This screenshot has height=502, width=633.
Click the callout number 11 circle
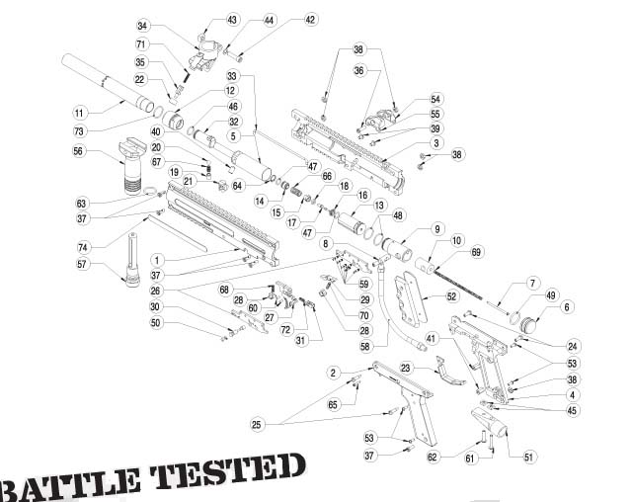pyautogui.click(x=79, y=113)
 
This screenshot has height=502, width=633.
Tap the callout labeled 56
pyautogui.click(x=78, y=151)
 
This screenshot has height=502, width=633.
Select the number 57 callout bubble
pyautogui.click(x=82, y=264)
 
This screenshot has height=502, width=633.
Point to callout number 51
pyautogui.click(x=528, y=457)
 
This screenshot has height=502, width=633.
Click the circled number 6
pyautogui.click(x=567, y=307)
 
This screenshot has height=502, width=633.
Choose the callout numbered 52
pyautogui.click(x=451, y=296)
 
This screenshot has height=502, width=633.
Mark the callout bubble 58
pyautogui.click(x=365, y=347)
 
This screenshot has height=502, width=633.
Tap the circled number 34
pyautogui.click(x=142, y=26)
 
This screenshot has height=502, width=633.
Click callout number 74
pyautogui.click(x=83, y=247)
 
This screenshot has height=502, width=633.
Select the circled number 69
pyautogui.click(x=476, y=252)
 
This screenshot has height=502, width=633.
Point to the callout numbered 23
pyautogui.click(x=406, y=368)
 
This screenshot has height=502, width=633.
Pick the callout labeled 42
pyautogui.click(x=310, y=20)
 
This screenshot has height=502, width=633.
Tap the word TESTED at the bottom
pyautogui.click(x=228, y=470)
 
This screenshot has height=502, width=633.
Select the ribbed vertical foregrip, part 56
pyautogui.click(x=132, y=165)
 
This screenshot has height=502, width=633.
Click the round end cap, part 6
pyautogui.click(x=529, y=323)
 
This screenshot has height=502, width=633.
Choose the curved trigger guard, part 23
pyautogui.click(x=449, y=373)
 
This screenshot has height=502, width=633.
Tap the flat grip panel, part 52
pyautogui.click(x=410, y=298)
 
